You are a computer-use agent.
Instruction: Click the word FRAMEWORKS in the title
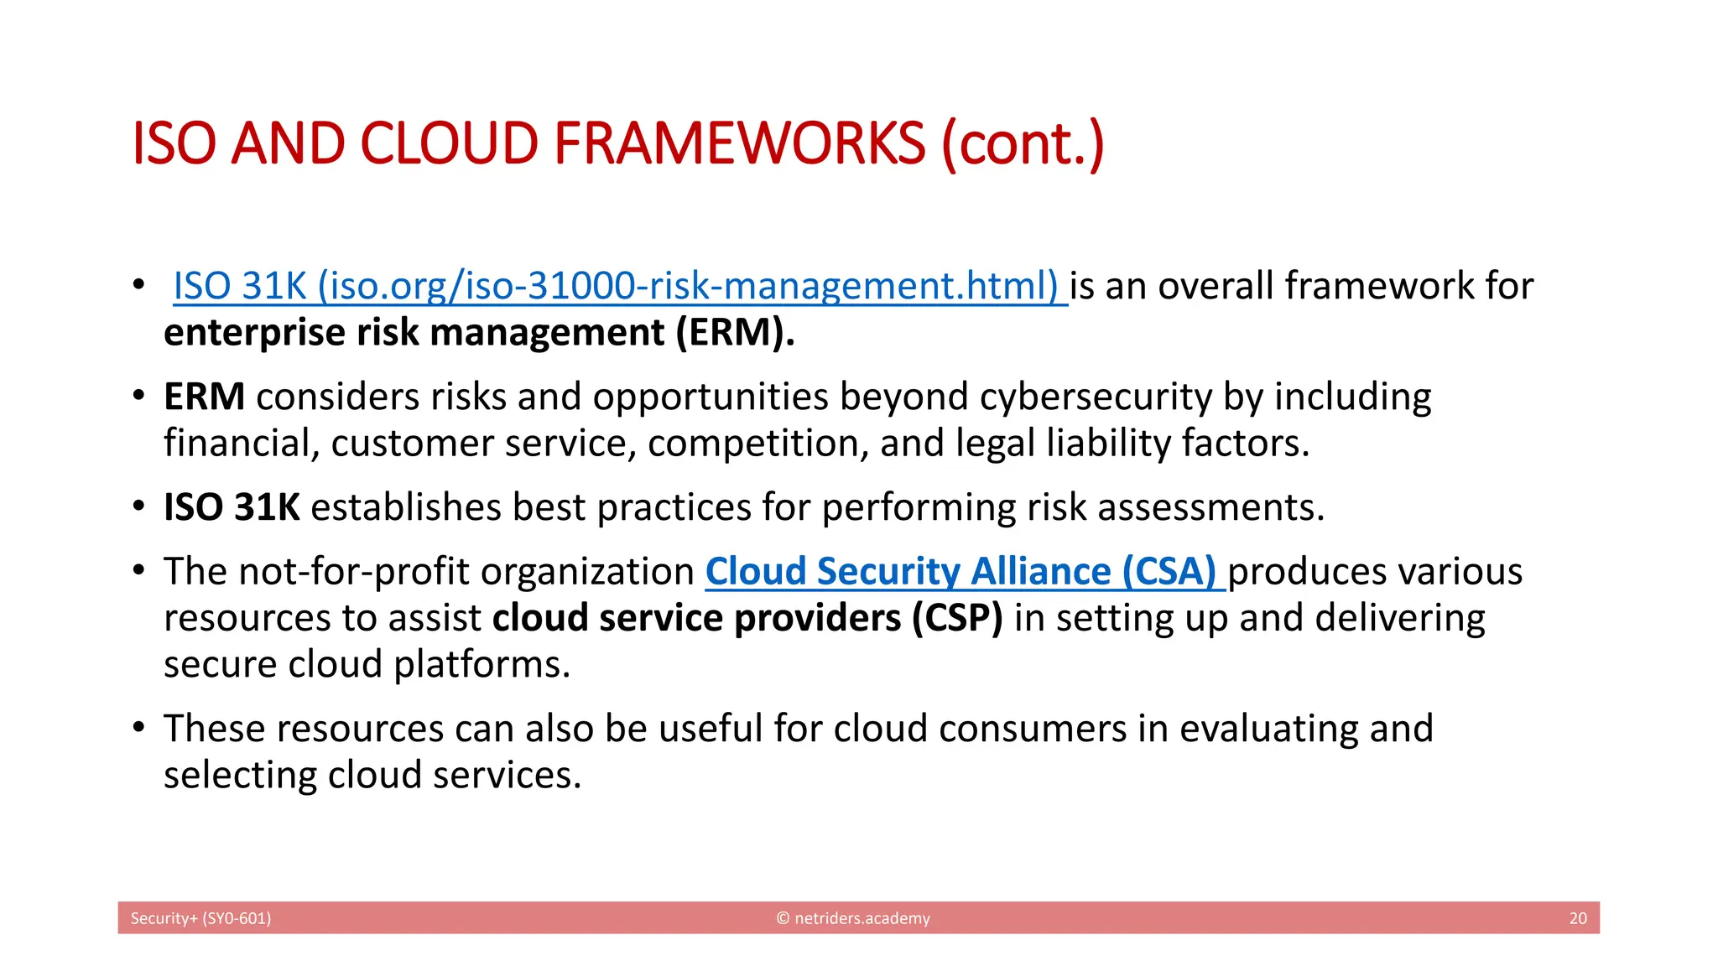[739, 143]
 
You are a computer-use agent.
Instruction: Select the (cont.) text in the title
[1023, 143]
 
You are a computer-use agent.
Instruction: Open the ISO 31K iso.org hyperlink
[619, 286]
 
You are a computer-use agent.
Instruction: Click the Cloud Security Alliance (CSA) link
[965, 572]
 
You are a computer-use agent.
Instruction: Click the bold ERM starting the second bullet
[204, 397]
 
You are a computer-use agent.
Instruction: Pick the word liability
[1108, 444]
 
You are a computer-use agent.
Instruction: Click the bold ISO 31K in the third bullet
[232, 507]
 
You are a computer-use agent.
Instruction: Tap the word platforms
[482, 664]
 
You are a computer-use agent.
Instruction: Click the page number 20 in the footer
[1578, 918]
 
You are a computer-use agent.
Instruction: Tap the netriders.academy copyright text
[853, 918]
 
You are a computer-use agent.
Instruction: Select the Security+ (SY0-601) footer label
[200, 918]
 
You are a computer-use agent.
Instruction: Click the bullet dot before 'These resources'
[138, 726]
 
